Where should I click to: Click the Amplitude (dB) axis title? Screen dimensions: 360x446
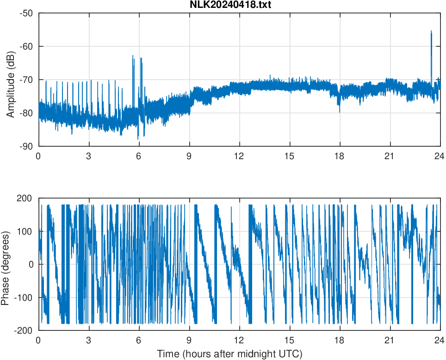(11, 80)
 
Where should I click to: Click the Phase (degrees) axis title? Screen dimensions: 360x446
(6, 264)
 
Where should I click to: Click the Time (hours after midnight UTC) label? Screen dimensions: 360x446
(229, 354)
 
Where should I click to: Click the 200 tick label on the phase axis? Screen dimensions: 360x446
(24, 198)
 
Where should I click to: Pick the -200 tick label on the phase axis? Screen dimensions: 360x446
(23, 330)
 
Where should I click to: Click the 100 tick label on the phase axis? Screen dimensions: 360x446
(24, 231)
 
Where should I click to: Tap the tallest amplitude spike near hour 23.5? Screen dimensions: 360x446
(431, 31)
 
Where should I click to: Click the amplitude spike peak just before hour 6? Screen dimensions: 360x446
(133, 56)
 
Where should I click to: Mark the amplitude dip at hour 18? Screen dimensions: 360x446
(339, 111)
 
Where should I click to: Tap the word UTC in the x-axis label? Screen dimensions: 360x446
(292, 354)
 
